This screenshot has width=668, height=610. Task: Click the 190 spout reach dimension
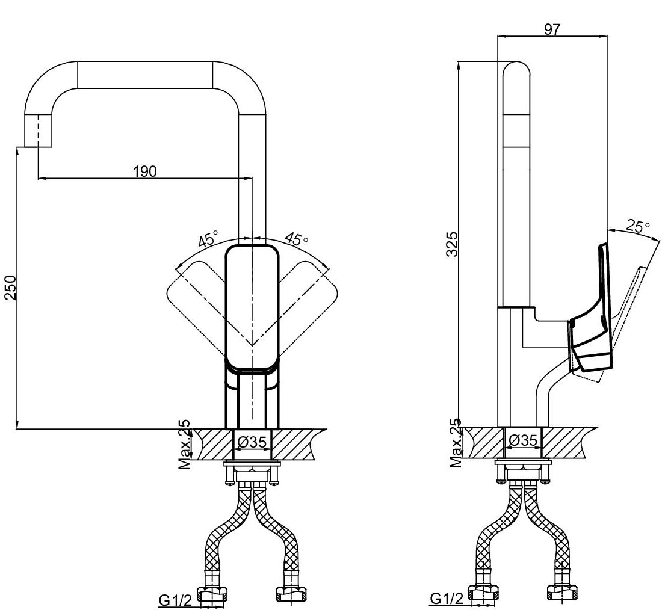[x=145, y=171]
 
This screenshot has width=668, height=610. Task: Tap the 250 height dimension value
[x=10, y=288]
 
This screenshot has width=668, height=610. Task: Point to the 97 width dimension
[x=552, y=29]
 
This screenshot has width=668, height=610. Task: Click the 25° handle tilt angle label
[x=638, y=226]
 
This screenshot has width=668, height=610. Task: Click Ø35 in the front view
[x=253, y=442]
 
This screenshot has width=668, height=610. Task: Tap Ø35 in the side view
[x=523, y=440]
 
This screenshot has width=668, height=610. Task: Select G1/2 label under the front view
[x=176, y=600]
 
